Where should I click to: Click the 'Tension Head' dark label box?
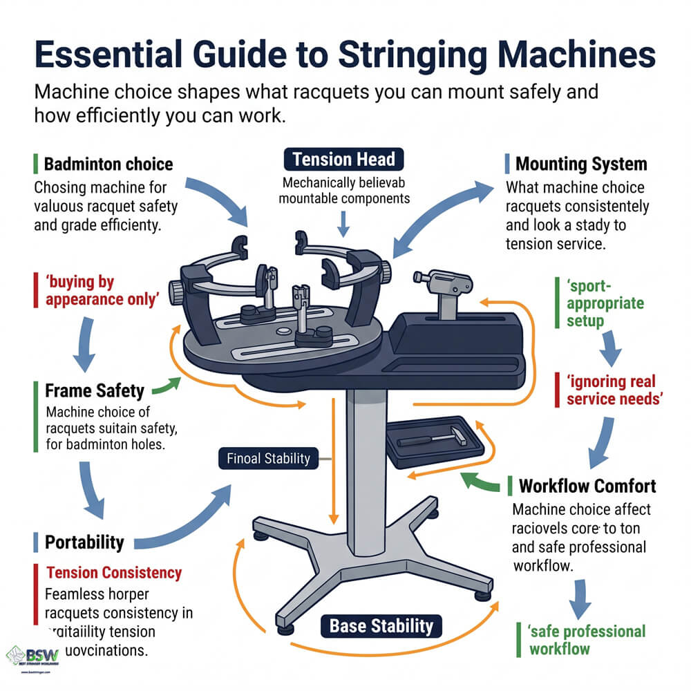(x=343, y=160)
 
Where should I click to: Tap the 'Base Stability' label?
(x=381, y=626)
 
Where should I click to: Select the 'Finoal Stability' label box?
(x=269, y=457)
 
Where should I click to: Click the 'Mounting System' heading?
(x=581, y=164)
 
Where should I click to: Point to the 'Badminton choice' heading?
(x=108, y=164)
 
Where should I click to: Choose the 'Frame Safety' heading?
(x=95, y=390)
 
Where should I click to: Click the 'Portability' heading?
(x=84, y=542)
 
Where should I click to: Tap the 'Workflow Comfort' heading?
(x=587, y=486)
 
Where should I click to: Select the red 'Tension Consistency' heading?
(x=114, y=572)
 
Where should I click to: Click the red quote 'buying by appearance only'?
(x=81, y=290)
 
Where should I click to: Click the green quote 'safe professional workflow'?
(x=587, y=639)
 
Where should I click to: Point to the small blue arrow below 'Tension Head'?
(x=343, y=222)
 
